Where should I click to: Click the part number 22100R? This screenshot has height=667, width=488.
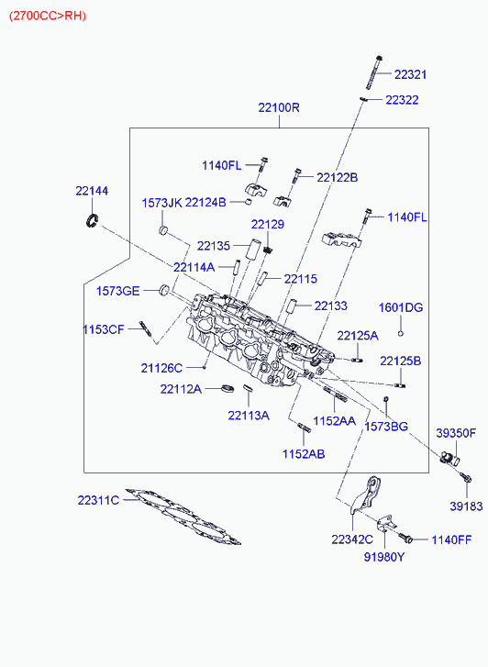(x=279, y=107)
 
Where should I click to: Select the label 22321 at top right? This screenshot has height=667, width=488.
(x=410, y=74)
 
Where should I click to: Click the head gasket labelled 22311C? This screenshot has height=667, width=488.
(x=183, y=516)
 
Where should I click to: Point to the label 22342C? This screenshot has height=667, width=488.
(x=352, y=539)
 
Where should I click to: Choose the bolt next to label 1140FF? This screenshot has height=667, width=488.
(x=405, y=539)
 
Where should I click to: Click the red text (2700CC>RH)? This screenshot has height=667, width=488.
(x=48, y=16)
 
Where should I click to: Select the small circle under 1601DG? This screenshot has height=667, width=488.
(x=400, y=333)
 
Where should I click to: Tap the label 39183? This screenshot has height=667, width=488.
(x=466, y=506)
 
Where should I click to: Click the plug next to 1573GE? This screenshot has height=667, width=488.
(x=164, y=289)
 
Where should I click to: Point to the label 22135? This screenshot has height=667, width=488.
(x=214, y=246)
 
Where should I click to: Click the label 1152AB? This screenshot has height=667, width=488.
(x=304, y=454)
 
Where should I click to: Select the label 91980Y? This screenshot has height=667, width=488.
(x=384, y=556)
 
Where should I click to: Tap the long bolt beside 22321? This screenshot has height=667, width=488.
(x=374, y=72)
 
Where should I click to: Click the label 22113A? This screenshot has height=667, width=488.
(x=249, y=416)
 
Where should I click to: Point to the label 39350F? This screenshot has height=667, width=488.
(x=456, y=433)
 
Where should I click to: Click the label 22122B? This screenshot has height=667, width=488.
(x=337, y=177)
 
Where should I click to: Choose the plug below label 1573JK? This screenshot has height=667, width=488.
(x=163, y=230)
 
